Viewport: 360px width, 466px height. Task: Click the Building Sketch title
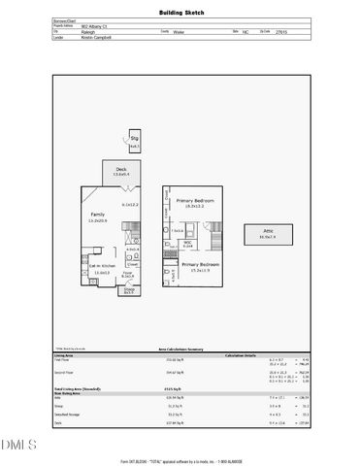click(x=180, y=13)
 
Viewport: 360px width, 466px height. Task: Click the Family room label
click(x=98, y=215)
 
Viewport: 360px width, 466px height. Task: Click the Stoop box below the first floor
click(x=128, y=289)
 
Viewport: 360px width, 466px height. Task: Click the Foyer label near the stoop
click(x=126, y=274)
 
